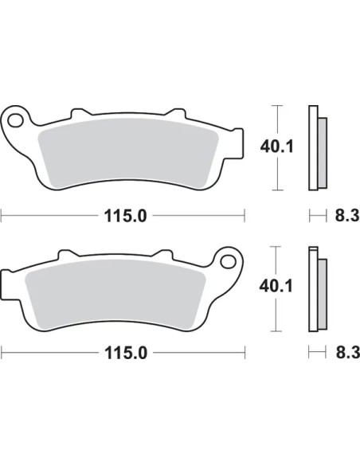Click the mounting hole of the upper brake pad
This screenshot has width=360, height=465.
pyautogui.click(x=15, y=120)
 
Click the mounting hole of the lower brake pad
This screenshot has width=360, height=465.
pyautogui.click(x=228, y=261)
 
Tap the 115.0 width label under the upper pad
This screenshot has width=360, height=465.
pyautogui.click(x=125, y=216)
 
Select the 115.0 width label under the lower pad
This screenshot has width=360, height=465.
pyautogui.click(x=125, y=353)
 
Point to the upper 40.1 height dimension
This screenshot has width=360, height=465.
pyautogui.click(x=276, y=147)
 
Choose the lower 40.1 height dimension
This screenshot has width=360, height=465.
pyautogui.click(x=276, y=286)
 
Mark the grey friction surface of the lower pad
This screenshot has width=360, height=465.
pyautogui.click(x=115, y=295)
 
